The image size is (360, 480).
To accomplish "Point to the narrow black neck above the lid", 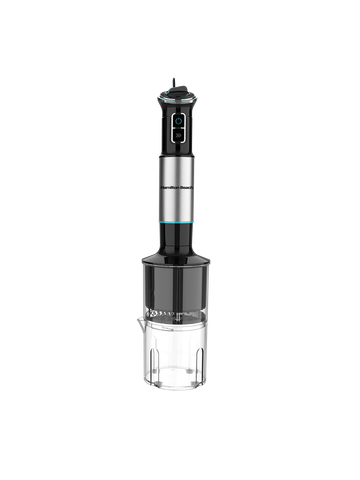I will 179,240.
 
